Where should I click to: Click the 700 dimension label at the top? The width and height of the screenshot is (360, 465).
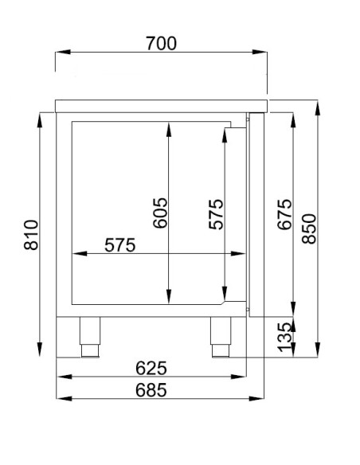[x=161, y=44]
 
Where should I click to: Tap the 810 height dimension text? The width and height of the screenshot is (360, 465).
[x=31, y=235]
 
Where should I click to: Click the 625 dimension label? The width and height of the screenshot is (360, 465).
[x=151, y=368]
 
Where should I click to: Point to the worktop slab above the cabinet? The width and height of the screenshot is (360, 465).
[x=161, y=104]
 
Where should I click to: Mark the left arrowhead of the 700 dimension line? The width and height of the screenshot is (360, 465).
[x=59, y=53]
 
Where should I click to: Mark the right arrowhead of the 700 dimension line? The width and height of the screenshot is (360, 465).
[x=263, y=53]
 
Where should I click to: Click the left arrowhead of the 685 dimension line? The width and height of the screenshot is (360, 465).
[x=59, y=397]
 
